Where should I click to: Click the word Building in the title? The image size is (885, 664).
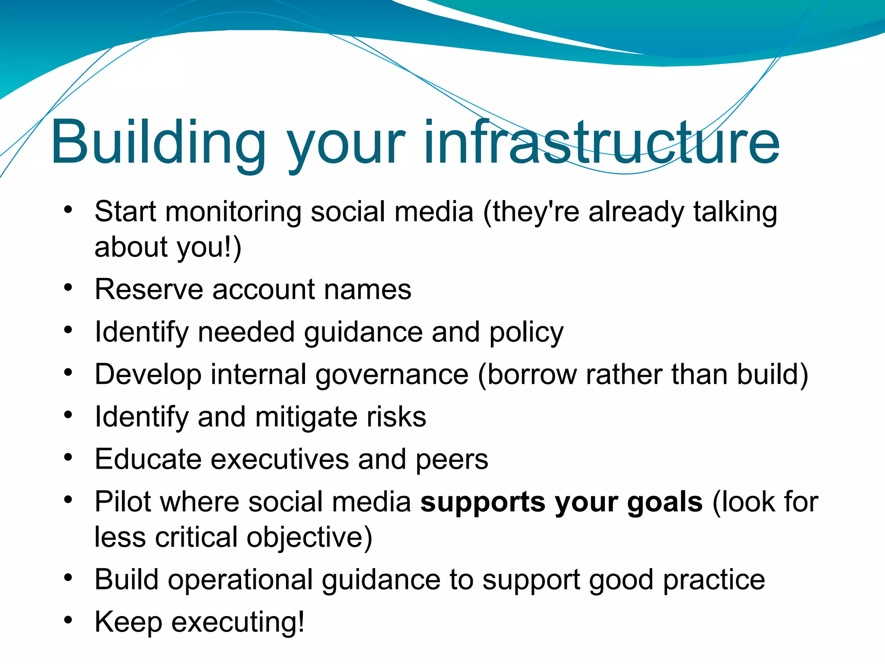pyautogui.click(x=158, y=143)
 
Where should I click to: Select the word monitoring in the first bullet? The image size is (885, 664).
pyautogui.click(x=233, y=212)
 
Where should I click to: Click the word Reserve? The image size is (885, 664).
pyautogui.click(x=149, y=289)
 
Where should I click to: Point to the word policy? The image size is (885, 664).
pyautogui.click(x=526, y=332)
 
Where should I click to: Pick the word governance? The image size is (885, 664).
pyautogui.click(x=392, y=374)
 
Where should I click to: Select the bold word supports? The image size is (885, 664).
pyautogui.click(x=483, y=502)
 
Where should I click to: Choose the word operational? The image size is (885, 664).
pyautogui.click(x=240, y=580)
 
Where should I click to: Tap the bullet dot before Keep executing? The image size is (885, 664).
pyautogui.click(x=68, y=620)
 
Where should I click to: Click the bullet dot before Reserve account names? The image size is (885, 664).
pyautogui.click(x=68, y=287)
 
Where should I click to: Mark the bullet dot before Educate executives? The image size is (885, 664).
pyautogui.click(x=68, y=457)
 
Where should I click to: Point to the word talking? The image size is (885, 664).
pyautogui.click(x=735, y=212)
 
